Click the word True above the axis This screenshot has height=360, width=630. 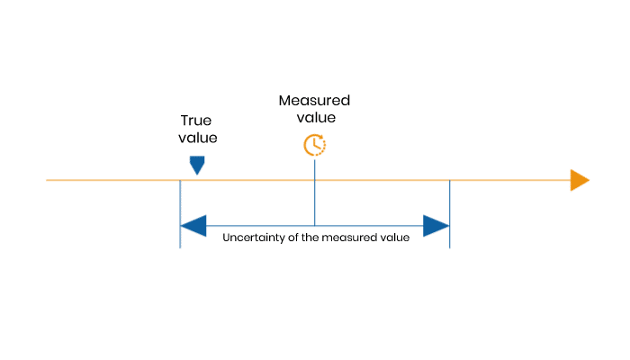point(195,121)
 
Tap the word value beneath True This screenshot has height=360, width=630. point(198,138)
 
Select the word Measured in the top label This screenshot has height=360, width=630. point(314,100)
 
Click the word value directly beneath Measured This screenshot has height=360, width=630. point(315,117)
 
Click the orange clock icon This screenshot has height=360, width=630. point(314,144)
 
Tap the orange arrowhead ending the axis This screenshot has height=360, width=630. point(579,180)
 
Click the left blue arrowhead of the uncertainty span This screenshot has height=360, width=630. point(193,225)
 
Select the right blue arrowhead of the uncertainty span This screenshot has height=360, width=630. point(436,225)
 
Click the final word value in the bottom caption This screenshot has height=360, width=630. point(394,238)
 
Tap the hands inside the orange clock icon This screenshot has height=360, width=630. point(313,143)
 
